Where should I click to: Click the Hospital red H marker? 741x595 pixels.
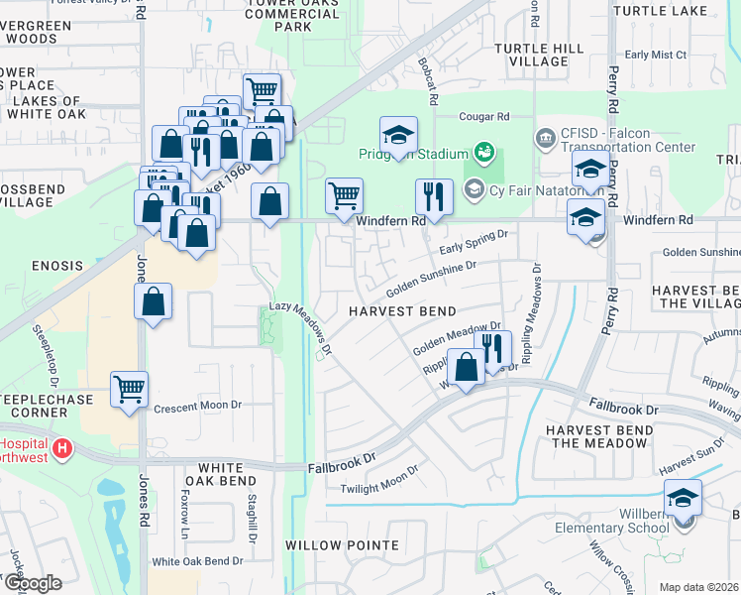[x=63, y=449]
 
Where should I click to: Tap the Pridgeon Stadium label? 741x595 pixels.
[x=412, y=155]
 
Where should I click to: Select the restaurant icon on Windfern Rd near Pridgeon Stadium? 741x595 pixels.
[x=434, y=196]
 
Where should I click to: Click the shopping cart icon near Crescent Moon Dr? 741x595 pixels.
[x=130, y=390]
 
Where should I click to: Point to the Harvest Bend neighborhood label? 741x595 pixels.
[x=401, y=310]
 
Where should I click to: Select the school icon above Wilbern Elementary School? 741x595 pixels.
[x=683, y=498]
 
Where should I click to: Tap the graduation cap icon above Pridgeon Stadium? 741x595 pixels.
[x=398, y=135]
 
